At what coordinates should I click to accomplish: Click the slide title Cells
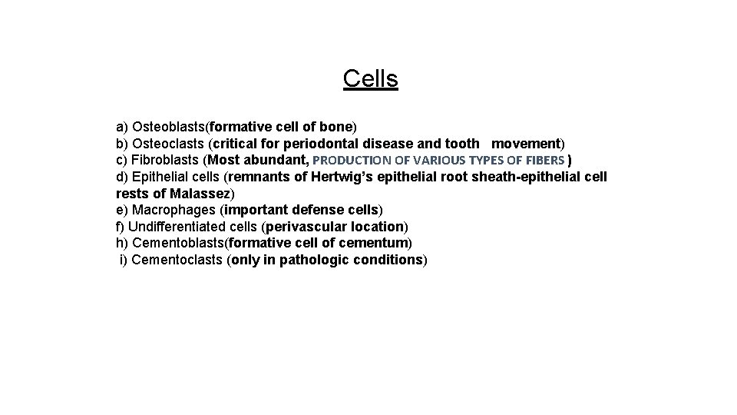click(x=371, y=78)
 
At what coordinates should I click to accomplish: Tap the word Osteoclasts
click(x=168, y=144)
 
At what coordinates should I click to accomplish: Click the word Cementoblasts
click(x=174, y=243)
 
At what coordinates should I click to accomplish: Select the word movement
click(x=526, y=144)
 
